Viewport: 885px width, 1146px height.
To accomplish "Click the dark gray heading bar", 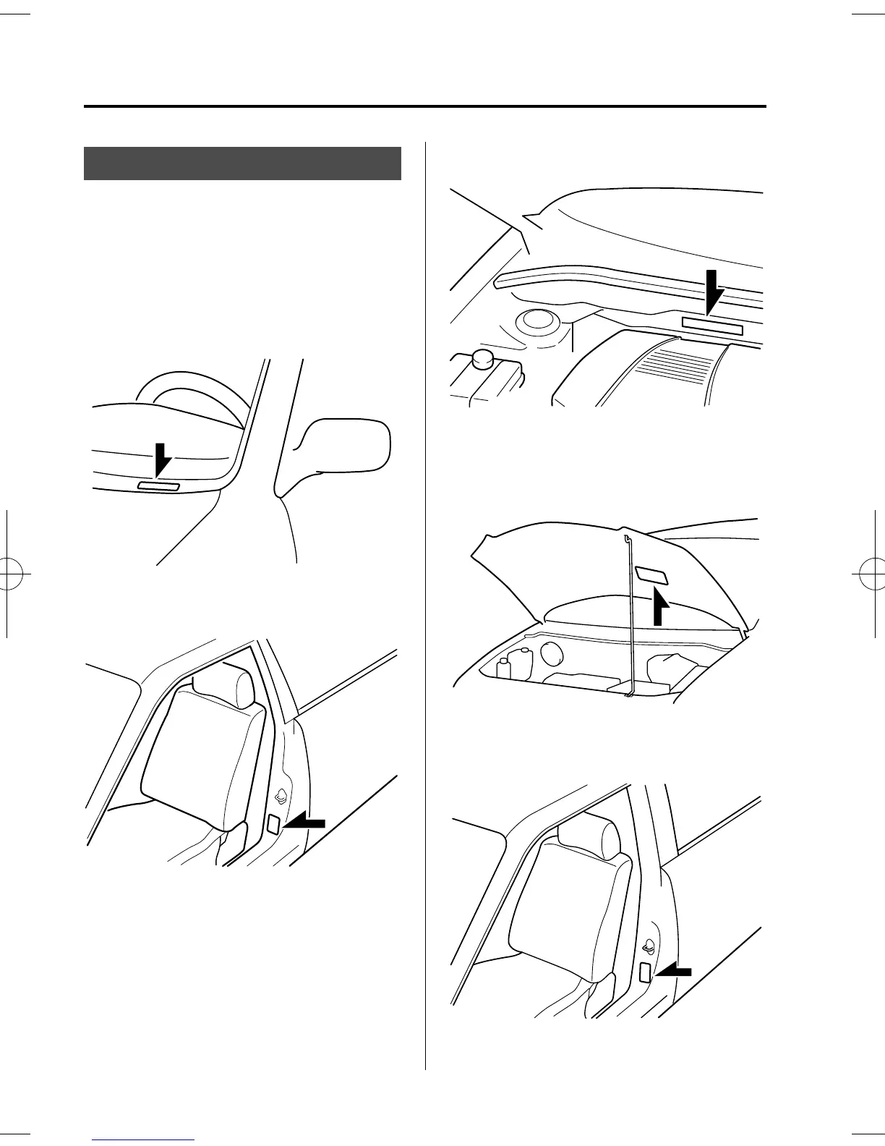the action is tap(242, 163).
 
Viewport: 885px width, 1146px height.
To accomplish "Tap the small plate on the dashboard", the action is tap(158, 486).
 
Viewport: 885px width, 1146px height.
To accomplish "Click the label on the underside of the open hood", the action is tap(651, 575).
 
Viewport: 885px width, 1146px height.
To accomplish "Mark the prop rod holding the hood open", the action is tap(628, 615).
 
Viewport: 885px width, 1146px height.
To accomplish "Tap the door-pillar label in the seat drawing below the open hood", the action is tap(646, 973).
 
